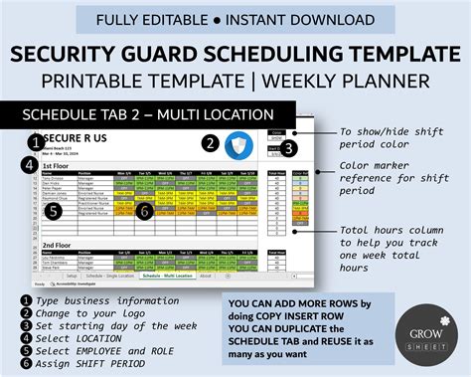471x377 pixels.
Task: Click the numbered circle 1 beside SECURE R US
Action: point(36,140)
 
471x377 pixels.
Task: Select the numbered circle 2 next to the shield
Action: point(210,142)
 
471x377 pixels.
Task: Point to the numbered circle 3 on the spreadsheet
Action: point(288,148)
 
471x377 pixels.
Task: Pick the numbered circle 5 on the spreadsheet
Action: point(56,210)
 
